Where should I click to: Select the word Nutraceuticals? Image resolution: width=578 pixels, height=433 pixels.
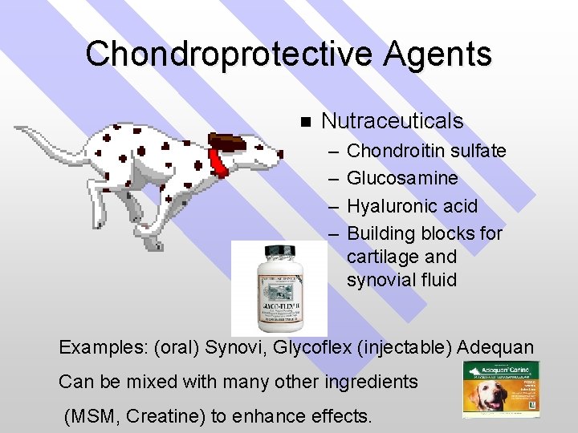[x=392, y=121]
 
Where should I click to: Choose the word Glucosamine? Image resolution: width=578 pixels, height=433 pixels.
[x=403, y=178]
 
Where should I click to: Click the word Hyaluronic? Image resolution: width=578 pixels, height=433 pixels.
[x=388, y=205]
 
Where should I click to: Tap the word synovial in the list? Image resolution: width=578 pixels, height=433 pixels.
[x=381, y=281]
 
